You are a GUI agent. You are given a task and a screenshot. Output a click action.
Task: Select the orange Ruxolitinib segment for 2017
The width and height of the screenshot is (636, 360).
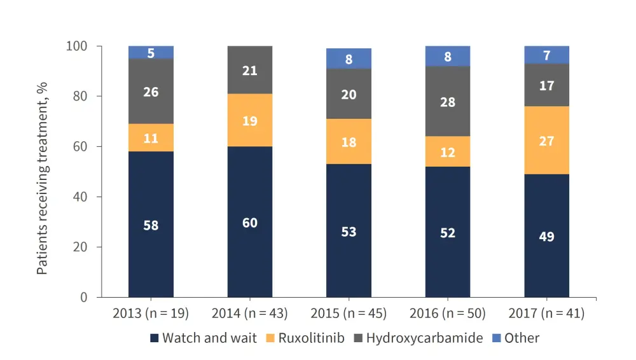tap(546, 141)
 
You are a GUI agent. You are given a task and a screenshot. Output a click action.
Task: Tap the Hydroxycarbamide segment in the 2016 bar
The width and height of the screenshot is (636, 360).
tap(448, 102)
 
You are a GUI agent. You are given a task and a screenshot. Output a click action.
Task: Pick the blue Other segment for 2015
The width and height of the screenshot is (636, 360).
tap(349, 59)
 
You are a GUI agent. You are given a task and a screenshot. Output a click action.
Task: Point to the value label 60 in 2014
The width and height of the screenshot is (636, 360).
tap(250, 223)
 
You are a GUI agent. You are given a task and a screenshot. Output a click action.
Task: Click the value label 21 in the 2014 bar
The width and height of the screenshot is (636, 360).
tap(250, 71)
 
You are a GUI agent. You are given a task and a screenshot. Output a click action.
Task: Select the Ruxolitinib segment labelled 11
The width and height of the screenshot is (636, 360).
tap(151, 137)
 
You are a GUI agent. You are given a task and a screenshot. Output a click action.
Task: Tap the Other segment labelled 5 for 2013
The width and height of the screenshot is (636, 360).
tap(151, 53)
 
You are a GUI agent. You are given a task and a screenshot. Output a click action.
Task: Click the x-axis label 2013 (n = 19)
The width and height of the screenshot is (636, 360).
tap(150, 314)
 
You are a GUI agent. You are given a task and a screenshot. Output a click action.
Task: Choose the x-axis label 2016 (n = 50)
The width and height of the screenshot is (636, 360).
tap(448, 314)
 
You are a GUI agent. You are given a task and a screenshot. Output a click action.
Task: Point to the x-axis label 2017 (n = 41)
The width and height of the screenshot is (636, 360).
tap(546, 314)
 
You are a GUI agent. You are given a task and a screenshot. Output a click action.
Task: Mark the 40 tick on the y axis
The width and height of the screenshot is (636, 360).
tap(81, 197)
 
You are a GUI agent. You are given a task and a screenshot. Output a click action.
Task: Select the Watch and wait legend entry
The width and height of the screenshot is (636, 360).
tap(204, 338)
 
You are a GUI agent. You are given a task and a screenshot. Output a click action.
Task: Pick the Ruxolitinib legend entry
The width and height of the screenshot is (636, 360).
tap(310, 338)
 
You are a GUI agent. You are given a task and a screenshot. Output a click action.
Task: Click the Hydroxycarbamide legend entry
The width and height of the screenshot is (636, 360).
tap(423, 338)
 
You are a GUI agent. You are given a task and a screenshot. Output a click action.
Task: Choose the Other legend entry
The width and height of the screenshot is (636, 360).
tap(516, 338)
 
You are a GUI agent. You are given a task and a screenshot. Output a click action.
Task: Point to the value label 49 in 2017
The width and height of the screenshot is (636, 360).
tap(546, 237)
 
